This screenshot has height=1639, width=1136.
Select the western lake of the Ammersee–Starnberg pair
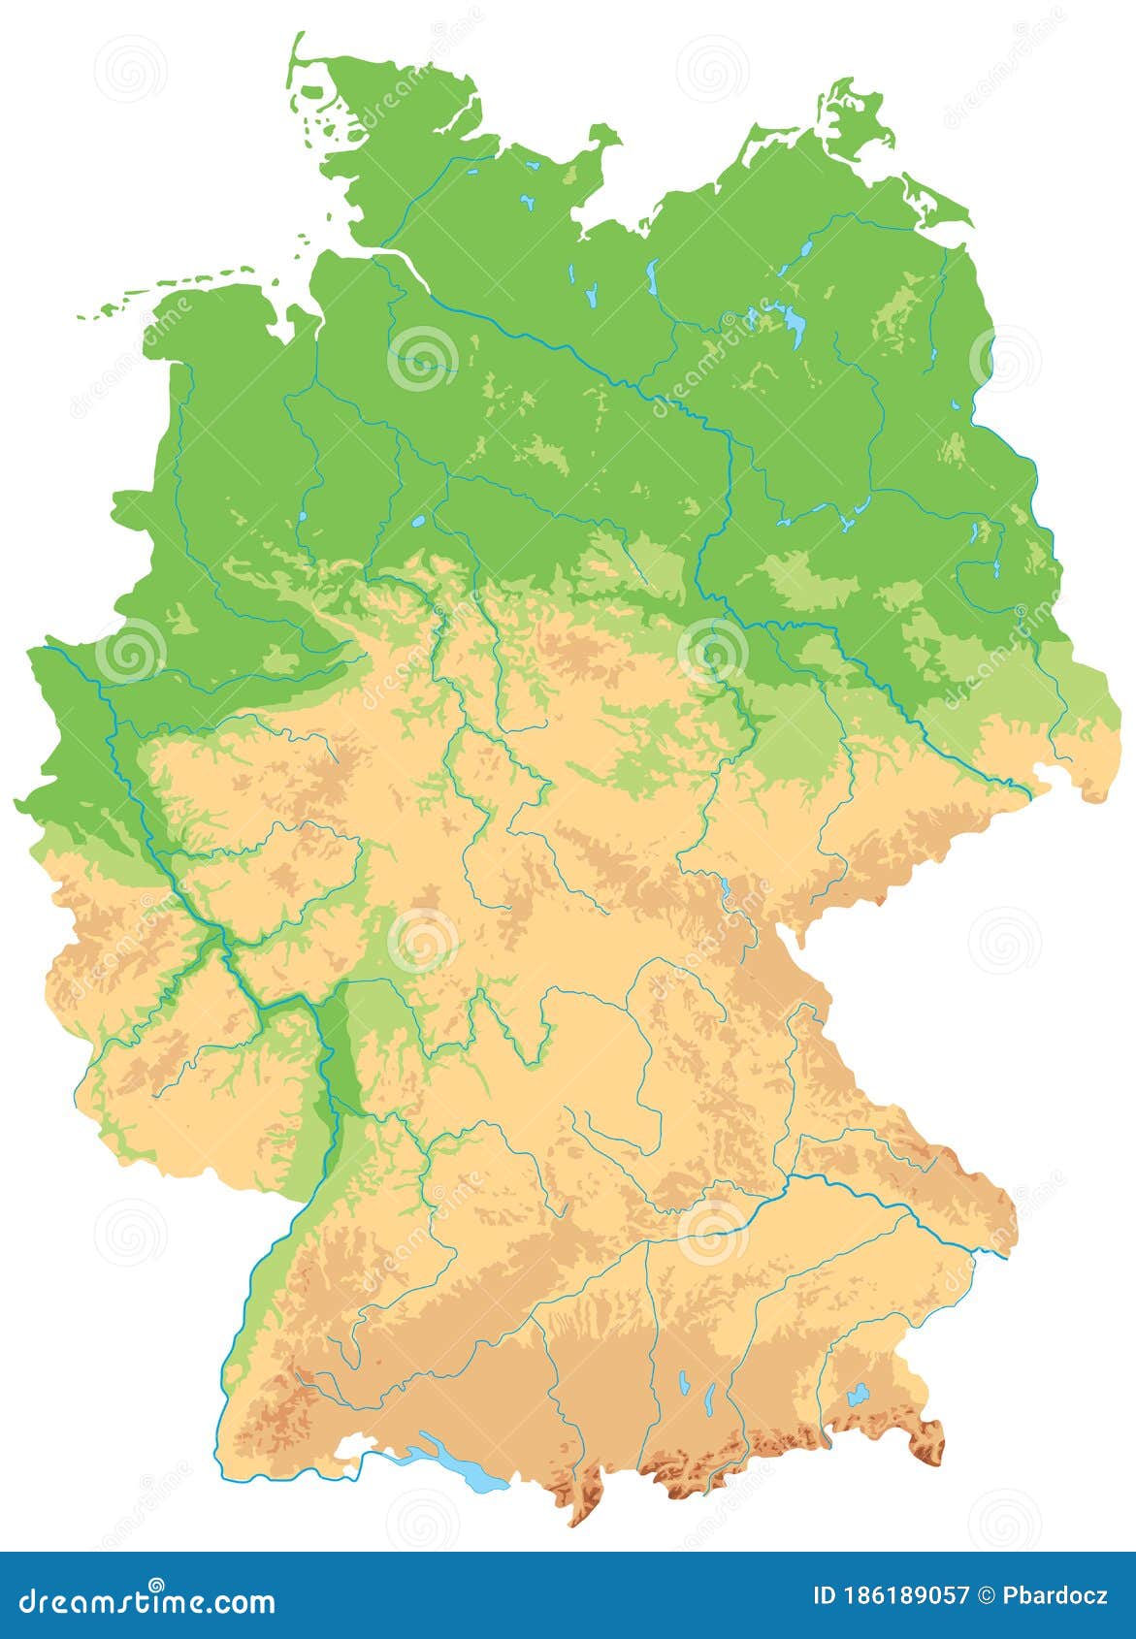pos(685,1381)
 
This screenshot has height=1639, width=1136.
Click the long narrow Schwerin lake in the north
pos(652,279)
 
